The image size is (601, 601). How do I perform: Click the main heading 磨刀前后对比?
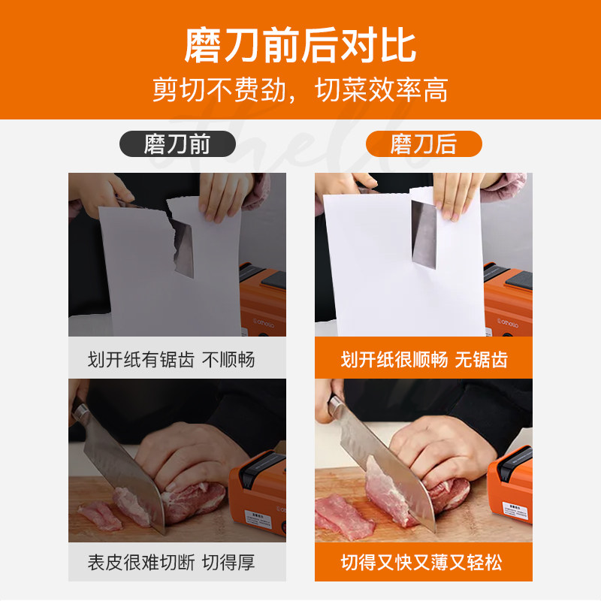pos(300,45)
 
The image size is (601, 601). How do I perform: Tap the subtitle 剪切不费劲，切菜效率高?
pos(300,89)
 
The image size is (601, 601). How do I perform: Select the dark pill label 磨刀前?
pos(177,143)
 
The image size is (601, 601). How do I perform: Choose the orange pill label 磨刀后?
pos(424,143)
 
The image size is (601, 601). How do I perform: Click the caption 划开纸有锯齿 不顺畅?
pos(171,360)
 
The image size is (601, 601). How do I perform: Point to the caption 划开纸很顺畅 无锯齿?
pos(424,360)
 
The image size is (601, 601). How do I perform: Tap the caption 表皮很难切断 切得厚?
pos(171,562)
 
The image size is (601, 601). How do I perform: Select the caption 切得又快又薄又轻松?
pos(421,562)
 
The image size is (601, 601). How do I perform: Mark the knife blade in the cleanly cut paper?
pos(424,234)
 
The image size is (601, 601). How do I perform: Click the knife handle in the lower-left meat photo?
pos(79,409)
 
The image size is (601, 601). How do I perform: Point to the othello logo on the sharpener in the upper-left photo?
pos(263,323)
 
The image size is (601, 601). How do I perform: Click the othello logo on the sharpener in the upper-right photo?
pos(508,323)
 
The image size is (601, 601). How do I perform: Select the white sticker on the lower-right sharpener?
pos(515,510)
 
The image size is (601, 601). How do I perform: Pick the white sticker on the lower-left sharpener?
pos(258,518)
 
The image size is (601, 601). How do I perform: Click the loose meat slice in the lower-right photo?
pos(344,516)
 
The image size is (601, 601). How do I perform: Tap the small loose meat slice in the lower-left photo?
pos(100,516)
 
